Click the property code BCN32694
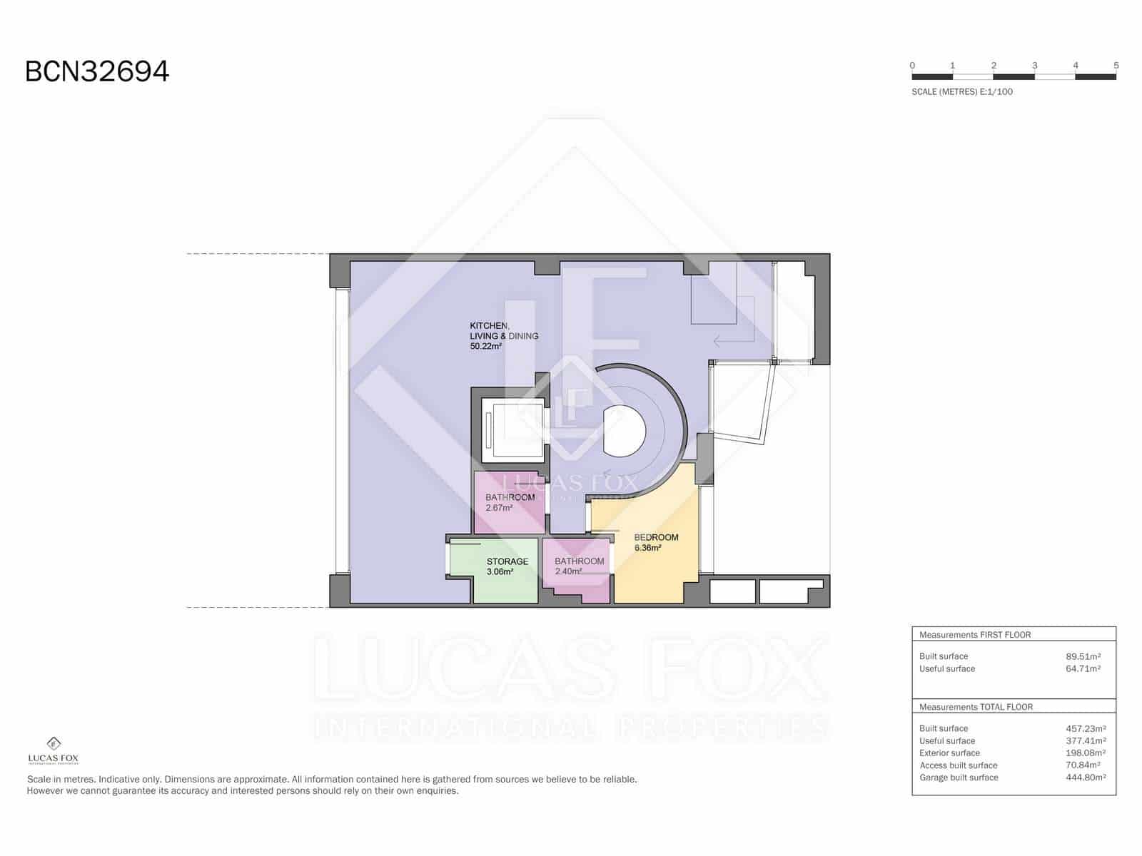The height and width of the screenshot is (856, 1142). (97, 71)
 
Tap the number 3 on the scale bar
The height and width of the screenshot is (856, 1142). (1034, 66)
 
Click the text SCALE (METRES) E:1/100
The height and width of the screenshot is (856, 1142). (961, 92)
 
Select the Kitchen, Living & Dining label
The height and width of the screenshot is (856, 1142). (503, 331)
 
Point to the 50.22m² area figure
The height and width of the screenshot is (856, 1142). (485, 347)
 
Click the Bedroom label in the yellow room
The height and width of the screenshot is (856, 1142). (656, 537)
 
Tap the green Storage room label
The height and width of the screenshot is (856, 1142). (507, 561)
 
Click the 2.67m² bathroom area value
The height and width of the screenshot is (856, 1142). (499, 508)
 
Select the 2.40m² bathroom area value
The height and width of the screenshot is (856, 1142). (568, 571)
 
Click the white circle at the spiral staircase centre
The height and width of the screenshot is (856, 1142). (625, 431)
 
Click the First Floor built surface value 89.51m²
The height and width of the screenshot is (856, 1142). (1083, 656)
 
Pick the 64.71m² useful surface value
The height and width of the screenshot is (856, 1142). (1083, 669)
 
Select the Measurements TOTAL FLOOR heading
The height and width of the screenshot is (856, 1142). (976, 707)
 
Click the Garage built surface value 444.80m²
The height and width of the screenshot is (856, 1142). (1084, 778)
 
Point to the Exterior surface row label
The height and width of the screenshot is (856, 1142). (949, 753)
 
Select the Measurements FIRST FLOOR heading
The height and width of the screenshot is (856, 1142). (974, 635)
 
